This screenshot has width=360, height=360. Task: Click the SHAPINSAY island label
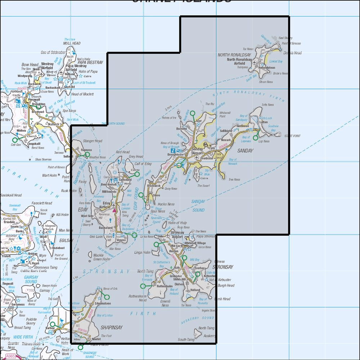[111, 328]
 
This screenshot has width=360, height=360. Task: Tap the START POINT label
[292, 136]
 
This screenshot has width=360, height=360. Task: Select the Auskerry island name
[209, 336]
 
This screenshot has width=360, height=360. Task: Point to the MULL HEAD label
[71, 43]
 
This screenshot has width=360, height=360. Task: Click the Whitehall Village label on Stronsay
[195, 243]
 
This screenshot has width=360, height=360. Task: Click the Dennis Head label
[292, 53]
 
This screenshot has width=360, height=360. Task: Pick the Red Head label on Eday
[122, 152]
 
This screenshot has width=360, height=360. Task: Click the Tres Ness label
[234, 180]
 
